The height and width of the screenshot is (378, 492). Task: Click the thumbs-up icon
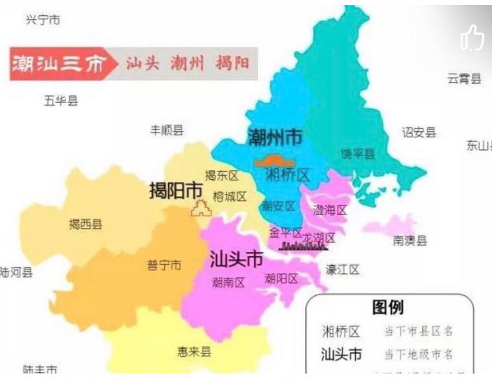coord(472,38)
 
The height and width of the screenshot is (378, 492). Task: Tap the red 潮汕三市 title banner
coord(59,64)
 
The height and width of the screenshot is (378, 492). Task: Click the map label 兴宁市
coord(43,20)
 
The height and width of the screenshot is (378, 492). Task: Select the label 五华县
coord(61,101)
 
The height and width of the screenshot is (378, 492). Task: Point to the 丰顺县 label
coord(167,130)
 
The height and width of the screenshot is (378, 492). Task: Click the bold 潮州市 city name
coord(275,137)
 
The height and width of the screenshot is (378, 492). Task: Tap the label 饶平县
coord(358,154)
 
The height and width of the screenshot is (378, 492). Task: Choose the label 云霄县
coord(464,78)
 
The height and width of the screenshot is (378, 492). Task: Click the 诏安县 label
coord(419,132)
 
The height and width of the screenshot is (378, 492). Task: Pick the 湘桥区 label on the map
coord(287,175)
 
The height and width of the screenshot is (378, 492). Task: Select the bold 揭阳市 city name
coord(176,190)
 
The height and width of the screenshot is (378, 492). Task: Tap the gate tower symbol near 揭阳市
coord(201,208)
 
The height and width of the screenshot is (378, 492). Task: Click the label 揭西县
coord(86,224)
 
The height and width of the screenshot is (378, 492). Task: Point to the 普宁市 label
coord(164,265)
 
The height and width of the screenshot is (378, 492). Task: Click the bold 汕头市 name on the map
coord(236,259)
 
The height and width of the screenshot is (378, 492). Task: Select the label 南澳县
coord(410,241)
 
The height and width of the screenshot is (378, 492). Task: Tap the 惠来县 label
coord(194,352)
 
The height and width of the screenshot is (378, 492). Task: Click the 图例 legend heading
coord(388,308)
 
